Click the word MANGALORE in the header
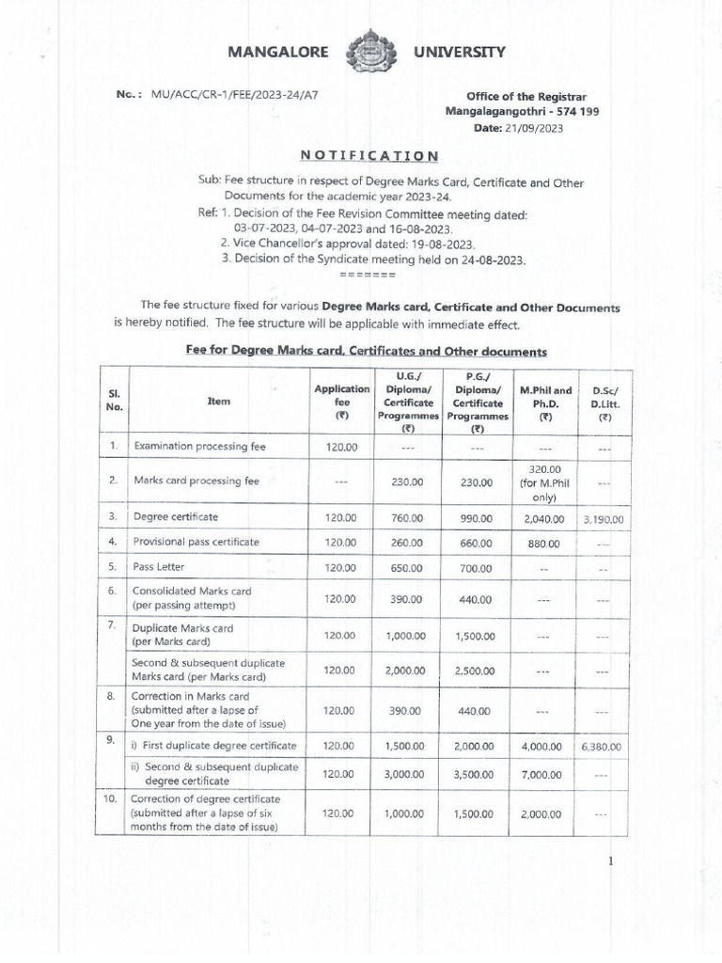point(278,53)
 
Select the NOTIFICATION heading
point(369,155)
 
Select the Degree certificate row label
point(176,517)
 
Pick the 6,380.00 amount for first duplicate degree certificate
point(603,746)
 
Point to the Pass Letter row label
point(159,567)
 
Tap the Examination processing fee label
point(199,447)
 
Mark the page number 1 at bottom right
point(610,861)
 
